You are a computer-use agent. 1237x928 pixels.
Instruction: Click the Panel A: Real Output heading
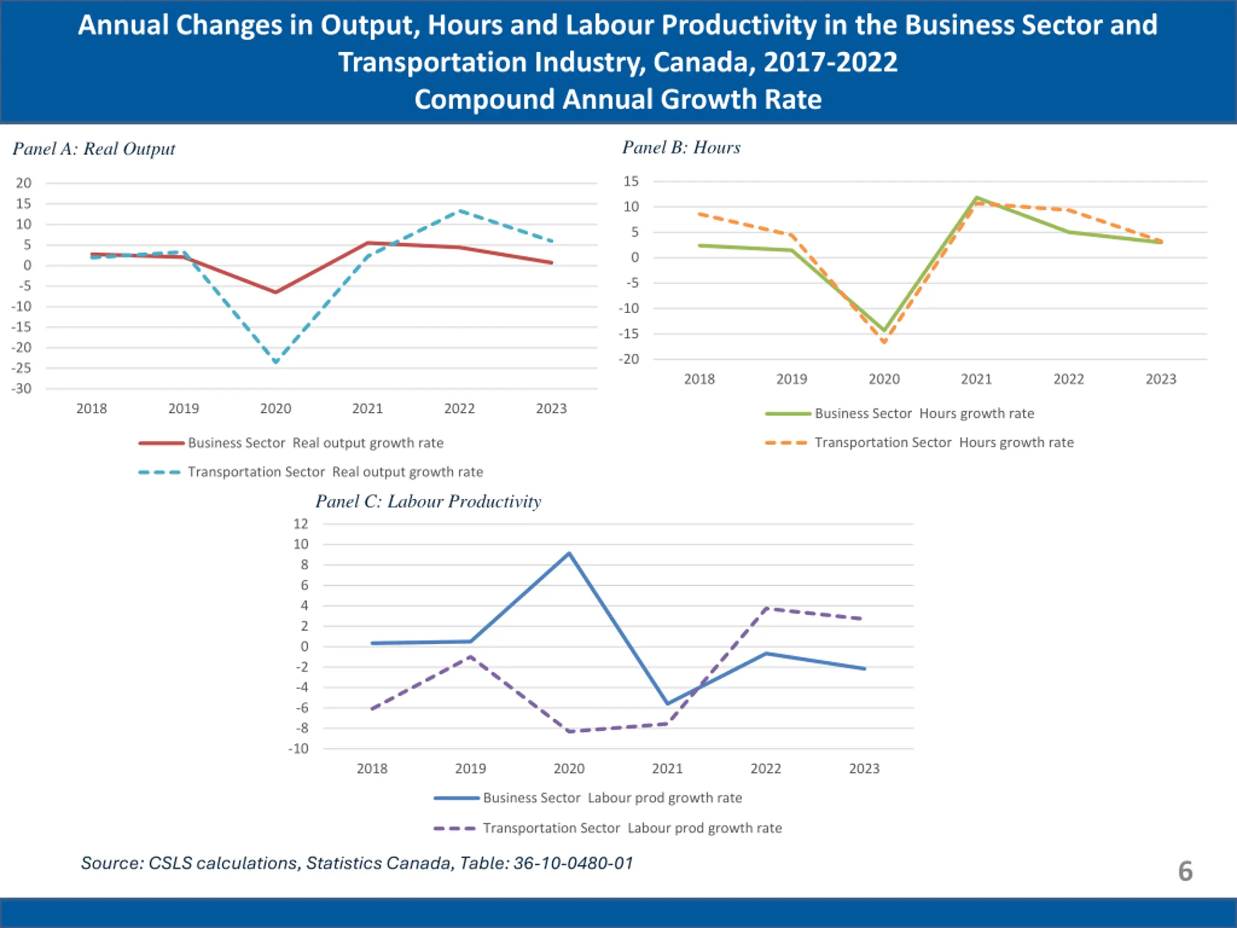tap(93, 149)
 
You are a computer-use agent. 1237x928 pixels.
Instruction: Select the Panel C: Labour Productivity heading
tap(429, 501)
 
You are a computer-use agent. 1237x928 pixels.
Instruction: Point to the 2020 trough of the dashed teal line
tap(276, 362)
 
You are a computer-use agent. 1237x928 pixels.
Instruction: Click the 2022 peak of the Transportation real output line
tap(460, 211)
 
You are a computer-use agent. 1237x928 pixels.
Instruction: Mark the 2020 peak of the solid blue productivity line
tap(569, 553)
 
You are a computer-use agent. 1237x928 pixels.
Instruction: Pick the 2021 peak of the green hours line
tap(977, 198)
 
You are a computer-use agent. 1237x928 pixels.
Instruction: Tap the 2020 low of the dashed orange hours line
tap(884, 341)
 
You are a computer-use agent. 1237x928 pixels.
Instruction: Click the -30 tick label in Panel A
tap(22, 389)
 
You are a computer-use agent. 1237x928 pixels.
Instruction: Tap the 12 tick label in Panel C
tap(301, 524)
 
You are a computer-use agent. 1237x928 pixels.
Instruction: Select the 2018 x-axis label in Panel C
tap(372, 768)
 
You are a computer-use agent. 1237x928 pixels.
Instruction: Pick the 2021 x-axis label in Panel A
tap(367, 409)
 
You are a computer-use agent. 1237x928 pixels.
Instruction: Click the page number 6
tap(1185, 871)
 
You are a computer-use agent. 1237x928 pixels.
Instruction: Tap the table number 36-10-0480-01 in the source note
tap(573, 863)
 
